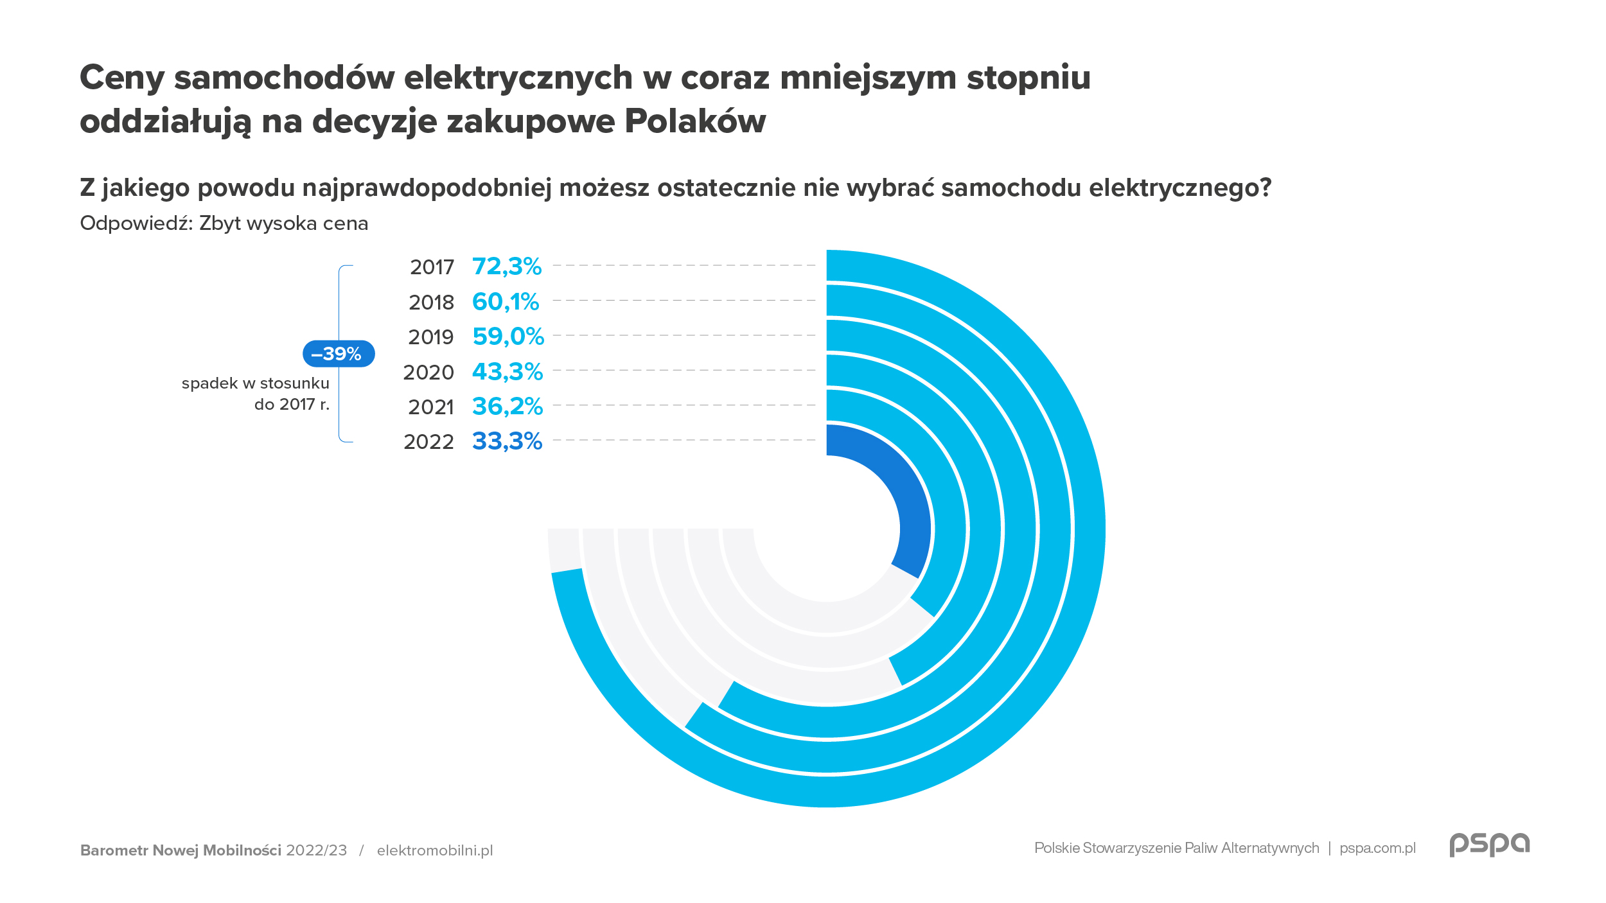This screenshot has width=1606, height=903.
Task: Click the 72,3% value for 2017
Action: click(x=507, y=266)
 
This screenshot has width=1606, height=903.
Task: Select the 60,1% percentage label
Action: click(x=506, y=301)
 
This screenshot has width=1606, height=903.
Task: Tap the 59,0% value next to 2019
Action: click(x=508, y=336)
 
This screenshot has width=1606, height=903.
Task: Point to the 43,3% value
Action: click(x=507, y=371)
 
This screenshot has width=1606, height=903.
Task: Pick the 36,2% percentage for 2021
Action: click(x=507, y=406)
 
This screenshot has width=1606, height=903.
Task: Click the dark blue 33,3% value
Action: click(x=507, y=441)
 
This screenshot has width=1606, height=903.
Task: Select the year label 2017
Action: click(x=432, y=267)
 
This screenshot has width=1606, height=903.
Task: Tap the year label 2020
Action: click(x=428, y=373)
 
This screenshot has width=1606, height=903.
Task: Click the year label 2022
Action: click(x=428, y=442)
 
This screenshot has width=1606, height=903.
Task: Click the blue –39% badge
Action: click(x=339, y=354)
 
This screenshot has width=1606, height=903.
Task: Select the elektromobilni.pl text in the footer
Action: click(x=435, y=850)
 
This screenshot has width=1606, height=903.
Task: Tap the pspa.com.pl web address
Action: click(x=1377, y=848)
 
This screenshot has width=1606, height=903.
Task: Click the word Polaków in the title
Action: click(x=695, y=121)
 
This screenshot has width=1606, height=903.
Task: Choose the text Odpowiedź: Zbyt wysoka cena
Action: click(x=224, y=223)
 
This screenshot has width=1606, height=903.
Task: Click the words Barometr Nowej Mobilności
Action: click(x=181, y=850)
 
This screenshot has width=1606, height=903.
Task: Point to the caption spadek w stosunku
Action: click(x=255, y=383)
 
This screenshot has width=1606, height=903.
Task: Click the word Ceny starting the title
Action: click(x=122, y=78)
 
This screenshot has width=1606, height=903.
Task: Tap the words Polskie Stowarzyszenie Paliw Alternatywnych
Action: click(x=1176, y=848)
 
